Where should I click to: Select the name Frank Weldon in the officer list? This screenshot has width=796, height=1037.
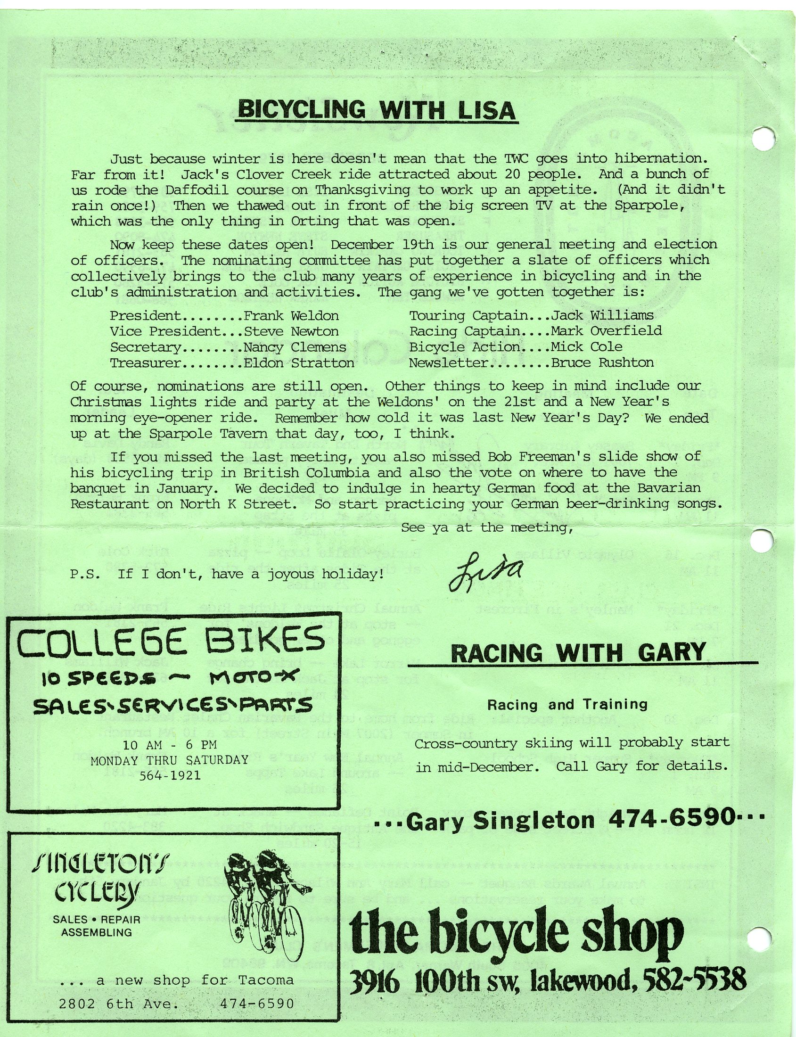click(x=291, y=316)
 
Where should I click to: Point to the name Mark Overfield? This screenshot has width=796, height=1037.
click(x=606, y=331)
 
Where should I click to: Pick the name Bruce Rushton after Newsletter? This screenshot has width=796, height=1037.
click(x=602, y=362)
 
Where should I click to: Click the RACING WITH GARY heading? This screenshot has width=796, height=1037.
click(x=578, y=653)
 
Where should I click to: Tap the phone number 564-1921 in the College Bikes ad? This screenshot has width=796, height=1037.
click(x=170, y=775)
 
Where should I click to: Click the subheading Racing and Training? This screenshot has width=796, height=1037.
click(x=567, y=705)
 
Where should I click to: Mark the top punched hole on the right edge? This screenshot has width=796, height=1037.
click(x=763, y=139)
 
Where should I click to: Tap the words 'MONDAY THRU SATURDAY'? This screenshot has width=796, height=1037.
click(x=170, y=760)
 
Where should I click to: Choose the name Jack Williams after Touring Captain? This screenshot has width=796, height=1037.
click(x=602, y=315)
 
